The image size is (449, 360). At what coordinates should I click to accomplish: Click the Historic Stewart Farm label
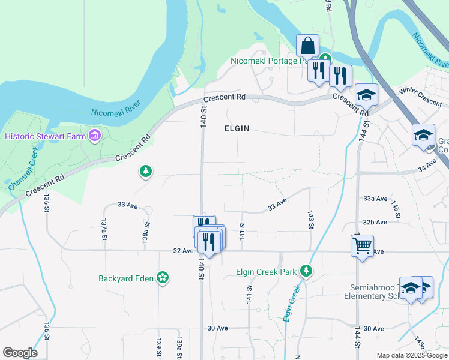[45, 136]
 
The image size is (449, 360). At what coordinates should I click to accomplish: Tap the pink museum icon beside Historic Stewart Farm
[94, 136]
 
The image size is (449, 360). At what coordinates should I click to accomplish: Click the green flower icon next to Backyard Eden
[162, 277]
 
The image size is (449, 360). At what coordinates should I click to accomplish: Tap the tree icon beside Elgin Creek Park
[306, 272]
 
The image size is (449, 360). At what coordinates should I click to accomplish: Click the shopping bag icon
[307, 46]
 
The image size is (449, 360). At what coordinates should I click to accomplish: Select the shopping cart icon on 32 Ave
[362, 245]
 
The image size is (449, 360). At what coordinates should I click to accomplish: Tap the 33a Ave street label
[375, 198]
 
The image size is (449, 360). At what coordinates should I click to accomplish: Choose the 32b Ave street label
[375, 222]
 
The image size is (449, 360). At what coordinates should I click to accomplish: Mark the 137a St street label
[104, 229]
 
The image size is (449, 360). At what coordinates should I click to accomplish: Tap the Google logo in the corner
[20, 352]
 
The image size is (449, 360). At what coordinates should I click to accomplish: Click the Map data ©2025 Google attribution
[412, 355]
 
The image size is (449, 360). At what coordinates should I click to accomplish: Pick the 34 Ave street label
[426, 166]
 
